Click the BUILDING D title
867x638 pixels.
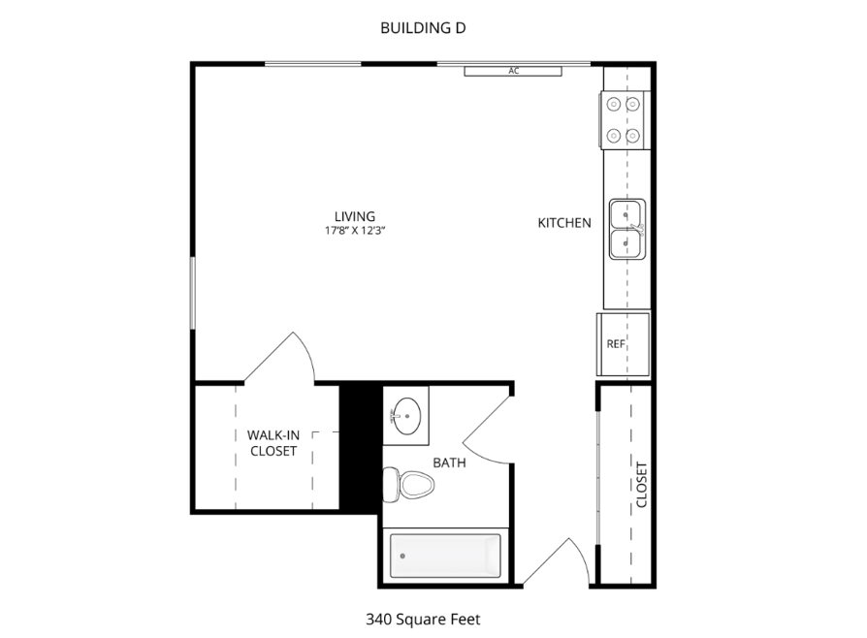click(423, 28)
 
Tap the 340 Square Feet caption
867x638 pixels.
click(423, 620)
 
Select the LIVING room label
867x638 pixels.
click(354, 216)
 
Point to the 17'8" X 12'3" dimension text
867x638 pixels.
click(354, 231)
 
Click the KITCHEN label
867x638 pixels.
click(564, 223)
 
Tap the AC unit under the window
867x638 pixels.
click(513, 72)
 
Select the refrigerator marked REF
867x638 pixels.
click(623, 344)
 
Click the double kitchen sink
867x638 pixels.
click(627, 229)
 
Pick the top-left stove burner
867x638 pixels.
click(614, 104)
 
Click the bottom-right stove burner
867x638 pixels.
click(633, 136)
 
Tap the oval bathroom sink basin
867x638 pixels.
click(407, 416)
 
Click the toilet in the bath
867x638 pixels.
click(408, 485)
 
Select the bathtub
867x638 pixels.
click(446, 556)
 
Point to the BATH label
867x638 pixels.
click(449, 463)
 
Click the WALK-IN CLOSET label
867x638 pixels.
click(273, 443)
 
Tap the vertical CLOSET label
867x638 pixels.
click(641, 485)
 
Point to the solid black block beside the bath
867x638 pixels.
click(361, 448)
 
